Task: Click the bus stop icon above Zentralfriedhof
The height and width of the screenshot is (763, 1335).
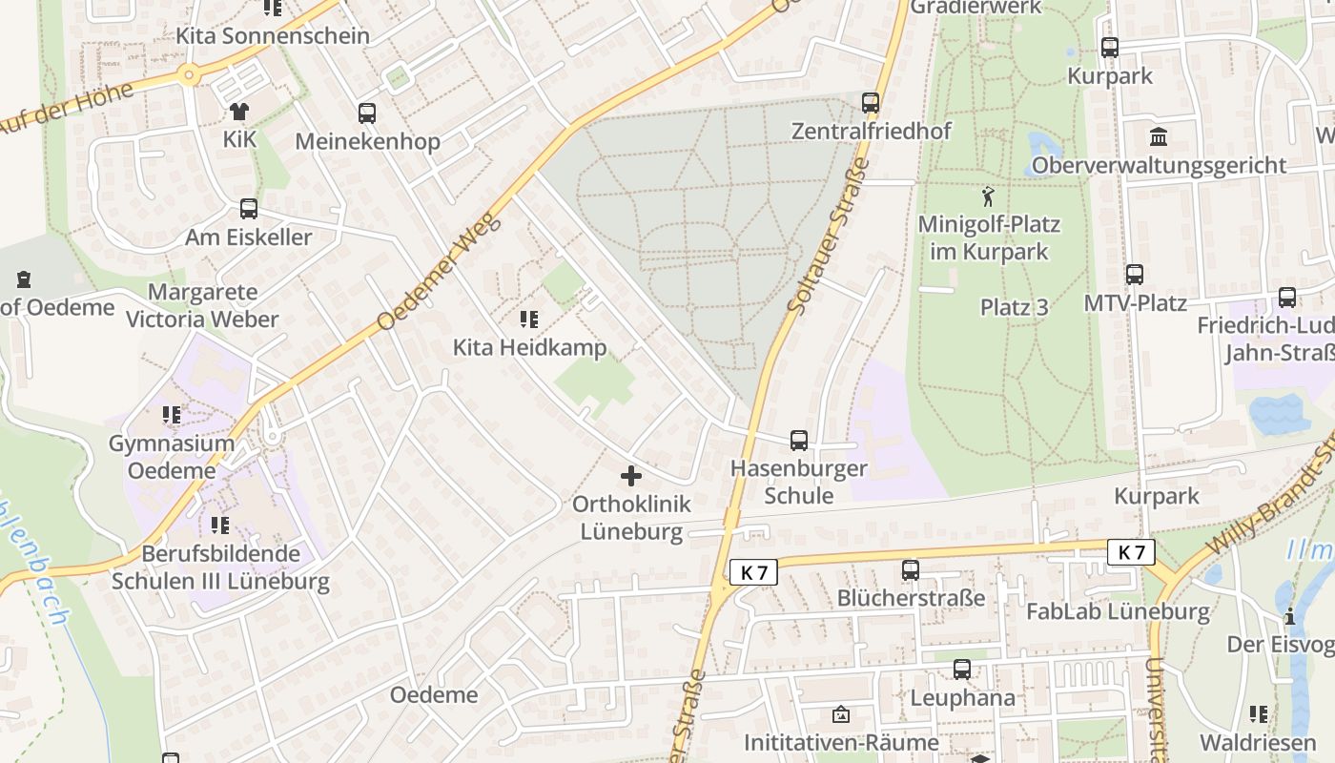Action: [x=870, y=102]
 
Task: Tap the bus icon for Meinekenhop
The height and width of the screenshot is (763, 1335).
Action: [x=367, y=113]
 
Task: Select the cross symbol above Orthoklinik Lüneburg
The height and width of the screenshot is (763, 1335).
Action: [x=631, y=475]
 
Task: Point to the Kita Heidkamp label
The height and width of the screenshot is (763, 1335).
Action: [x=529, y=347]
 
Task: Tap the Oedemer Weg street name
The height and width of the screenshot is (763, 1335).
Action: [x=439, y=271]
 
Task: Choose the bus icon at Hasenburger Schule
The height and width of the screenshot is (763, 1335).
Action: [x=799, y=441]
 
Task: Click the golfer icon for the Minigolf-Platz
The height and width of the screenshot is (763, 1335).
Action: [x=988, y=197]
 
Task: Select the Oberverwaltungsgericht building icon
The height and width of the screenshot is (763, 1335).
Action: [x=1159, y=136]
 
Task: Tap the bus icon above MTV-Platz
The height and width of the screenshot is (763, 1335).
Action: [x=1135, y=275]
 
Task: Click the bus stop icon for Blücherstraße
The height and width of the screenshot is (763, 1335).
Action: [x=911, y=570]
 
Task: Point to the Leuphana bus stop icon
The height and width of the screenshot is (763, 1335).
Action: [x=962, y=670]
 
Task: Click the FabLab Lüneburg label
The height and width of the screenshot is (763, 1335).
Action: [x=1118, y=611]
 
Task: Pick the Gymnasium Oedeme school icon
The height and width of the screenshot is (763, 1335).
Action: [x=172, y=415]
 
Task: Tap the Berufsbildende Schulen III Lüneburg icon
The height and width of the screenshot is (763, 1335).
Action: [x=220, y=525]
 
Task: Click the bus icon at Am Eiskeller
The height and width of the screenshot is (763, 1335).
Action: [x=249, y=208]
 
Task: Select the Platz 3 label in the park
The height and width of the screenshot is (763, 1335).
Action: [x=1015, y=307]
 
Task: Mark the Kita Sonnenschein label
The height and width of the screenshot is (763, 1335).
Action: [x=273, y=36]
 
